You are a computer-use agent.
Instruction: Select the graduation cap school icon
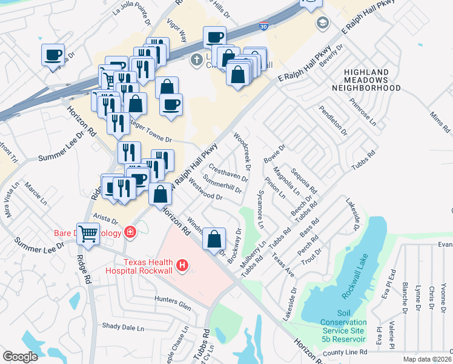[x=320, y=24]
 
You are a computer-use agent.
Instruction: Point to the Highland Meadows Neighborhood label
[x=366, y=80]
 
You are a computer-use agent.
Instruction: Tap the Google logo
[x=20, y=356]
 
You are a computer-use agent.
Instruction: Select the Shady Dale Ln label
[x=123, y=327]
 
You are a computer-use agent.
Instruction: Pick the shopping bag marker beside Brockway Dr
[x=214, y=238]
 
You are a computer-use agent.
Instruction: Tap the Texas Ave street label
[x=283, y=266]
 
